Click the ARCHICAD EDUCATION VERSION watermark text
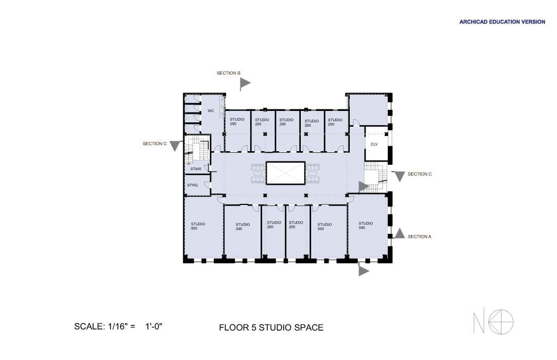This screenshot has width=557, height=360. point(502,22)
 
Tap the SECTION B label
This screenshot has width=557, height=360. point(228,73)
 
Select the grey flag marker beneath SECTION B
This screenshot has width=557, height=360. point(245,84)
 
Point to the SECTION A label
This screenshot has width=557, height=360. point(419,237)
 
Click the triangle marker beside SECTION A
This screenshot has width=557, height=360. point(400,233)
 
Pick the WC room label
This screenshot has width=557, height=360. point(211,111)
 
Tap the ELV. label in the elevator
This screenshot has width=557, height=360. point(374,144)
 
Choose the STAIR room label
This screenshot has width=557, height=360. point(196,169)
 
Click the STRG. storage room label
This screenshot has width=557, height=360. point(193,185)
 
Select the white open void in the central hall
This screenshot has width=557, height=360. point(286,173)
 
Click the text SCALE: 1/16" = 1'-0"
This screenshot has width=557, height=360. point(118,326)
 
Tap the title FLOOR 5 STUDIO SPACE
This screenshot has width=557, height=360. point(271,327)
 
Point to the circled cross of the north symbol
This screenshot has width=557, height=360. point(501,321)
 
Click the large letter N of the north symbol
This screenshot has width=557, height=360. point(479,322)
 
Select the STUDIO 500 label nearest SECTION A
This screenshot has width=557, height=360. point(366,226)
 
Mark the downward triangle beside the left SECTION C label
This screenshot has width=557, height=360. point(175,146)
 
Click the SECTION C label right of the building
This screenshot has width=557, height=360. point(419,174)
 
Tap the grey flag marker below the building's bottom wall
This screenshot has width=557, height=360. point(363,270)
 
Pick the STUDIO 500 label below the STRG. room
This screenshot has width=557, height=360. point(198,226)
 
